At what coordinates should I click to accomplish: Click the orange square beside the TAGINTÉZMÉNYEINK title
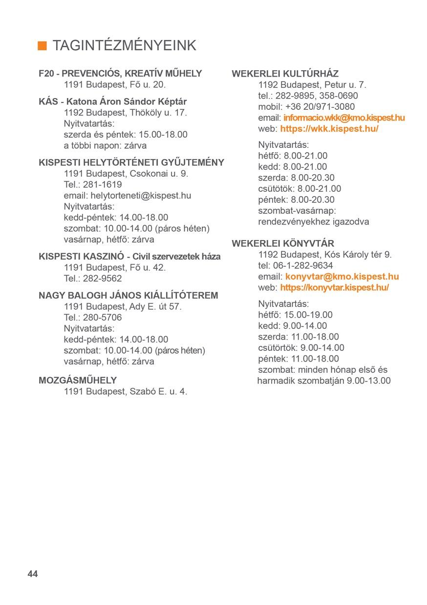tap(43, 46)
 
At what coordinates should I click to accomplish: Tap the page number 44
tap(33, 574)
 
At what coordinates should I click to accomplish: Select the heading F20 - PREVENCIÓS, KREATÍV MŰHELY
tap(120, 74)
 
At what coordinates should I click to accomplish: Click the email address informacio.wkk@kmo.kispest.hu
tap(344, 118)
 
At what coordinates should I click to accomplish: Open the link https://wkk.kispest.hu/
tap(329, 129)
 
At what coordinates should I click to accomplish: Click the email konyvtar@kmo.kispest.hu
tap(342, 277)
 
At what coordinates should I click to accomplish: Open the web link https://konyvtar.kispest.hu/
tap(335, 287)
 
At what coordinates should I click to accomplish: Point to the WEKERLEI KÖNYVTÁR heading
tap(283, 243)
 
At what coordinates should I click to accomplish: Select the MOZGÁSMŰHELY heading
tap(78, 380)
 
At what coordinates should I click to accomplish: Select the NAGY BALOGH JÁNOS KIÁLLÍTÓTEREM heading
tap(128, 295)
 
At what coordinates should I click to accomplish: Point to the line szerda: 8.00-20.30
tap(296, 178)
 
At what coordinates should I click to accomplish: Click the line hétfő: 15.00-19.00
tap(295, 315)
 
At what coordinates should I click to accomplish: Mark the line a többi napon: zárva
tap(105, 145)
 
